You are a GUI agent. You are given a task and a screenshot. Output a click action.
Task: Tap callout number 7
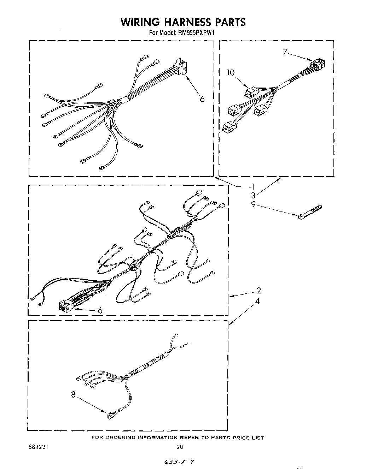pos(285,52)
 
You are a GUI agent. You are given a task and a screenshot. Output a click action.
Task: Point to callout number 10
pos(231,73)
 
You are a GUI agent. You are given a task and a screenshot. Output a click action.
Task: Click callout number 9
pos(253,204)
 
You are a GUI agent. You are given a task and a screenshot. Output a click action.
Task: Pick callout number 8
pos(73,395)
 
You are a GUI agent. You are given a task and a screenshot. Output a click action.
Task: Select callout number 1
pos(253,186)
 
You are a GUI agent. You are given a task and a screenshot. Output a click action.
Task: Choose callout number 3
pos(253,195)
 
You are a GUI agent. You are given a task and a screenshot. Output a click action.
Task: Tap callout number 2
pos(258,291)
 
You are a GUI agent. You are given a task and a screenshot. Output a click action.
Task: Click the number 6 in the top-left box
pos(202,99)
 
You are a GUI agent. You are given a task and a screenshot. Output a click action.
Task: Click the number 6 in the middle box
pos(100,310)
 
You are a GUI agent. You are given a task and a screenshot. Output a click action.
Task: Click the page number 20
pos(180,447)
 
